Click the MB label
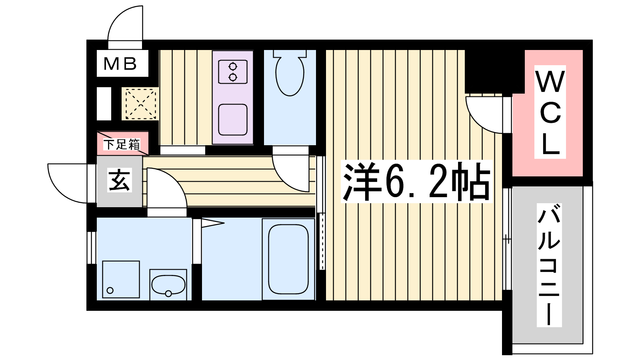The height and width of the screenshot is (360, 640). coord(120,64)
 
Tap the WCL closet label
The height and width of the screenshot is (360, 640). coord(550,112)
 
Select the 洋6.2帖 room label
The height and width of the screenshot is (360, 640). coord(416,182)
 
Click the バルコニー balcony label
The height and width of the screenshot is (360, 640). coord(549,265)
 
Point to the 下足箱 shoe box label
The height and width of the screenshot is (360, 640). coord(122,144)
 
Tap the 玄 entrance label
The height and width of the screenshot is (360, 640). coord(120,180)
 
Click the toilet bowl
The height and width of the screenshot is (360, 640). coord(290,73)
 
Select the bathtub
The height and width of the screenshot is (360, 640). coord(288,259)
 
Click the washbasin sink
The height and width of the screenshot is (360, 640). coord(168,285)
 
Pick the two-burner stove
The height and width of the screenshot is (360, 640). coord(233,72)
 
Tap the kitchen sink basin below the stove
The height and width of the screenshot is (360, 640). coord(233,120)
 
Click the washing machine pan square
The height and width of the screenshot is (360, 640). coord(121,279)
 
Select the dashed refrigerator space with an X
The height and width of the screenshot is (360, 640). coord(140,104)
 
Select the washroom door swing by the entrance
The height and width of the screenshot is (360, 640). coord(177,180)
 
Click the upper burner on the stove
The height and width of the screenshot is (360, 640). coord(233,66)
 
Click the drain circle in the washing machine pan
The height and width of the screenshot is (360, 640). coord(110,290)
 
